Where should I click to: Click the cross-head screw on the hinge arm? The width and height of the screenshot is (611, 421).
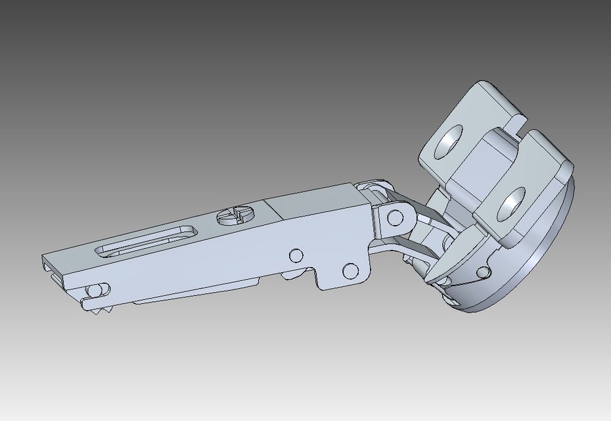click(x=234, y=216)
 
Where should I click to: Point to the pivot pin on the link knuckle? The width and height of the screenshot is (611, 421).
click(x=395, y=217)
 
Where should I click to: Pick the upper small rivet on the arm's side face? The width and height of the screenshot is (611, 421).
click(x=296, y=255)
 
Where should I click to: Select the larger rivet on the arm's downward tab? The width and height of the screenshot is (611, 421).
click(x=351, y=270)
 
